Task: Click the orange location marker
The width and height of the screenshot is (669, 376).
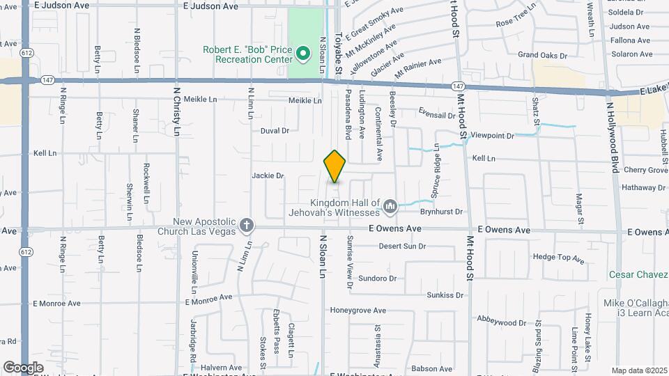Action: (334, 166)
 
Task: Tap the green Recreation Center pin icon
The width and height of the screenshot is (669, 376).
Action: (302, 53)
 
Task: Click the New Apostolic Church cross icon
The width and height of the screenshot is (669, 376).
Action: (246, 226)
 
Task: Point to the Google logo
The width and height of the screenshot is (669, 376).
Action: (23, 367)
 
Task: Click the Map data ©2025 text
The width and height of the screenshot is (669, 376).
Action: (639, 370)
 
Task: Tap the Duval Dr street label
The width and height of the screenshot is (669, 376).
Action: (275, 130)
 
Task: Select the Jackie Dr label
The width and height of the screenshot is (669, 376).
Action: (268, 175)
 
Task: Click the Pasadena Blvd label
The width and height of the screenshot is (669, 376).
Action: (348, 113)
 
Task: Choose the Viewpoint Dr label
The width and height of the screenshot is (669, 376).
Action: (492, 135)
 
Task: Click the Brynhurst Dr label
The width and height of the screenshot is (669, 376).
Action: (441, 211)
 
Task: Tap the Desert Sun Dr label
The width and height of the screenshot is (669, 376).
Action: (402, 246)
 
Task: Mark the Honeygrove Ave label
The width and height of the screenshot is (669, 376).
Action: (357, 311)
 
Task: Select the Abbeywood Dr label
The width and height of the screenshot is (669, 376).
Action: (502, 322)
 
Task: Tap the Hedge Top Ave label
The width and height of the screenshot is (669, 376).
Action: (558, 258)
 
